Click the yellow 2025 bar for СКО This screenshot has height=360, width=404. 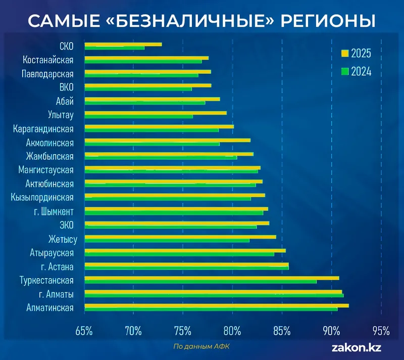[123, 44]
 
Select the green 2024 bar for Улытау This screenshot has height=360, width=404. [138, 117]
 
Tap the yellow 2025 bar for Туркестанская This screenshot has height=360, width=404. [212, 278]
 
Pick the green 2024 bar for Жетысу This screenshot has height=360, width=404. [167, 240]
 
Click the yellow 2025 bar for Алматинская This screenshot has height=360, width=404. [217, 305]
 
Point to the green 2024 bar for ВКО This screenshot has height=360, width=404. [138, 89]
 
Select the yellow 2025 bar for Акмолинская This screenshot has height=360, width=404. [167, 140]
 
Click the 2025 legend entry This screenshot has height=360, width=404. [357, 54]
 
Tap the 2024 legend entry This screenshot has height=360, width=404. [357, 71]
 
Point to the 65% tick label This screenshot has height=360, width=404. [84, 331]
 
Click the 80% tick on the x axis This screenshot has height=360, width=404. [232, 331]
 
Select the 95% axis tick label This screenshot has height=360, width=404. [381, 331]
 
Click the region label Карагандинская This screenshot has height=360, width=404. [43, 129]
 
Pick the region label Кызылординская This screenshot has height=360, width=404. [42, 198]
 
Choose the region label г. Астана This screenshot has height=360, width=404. [57, 266]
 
